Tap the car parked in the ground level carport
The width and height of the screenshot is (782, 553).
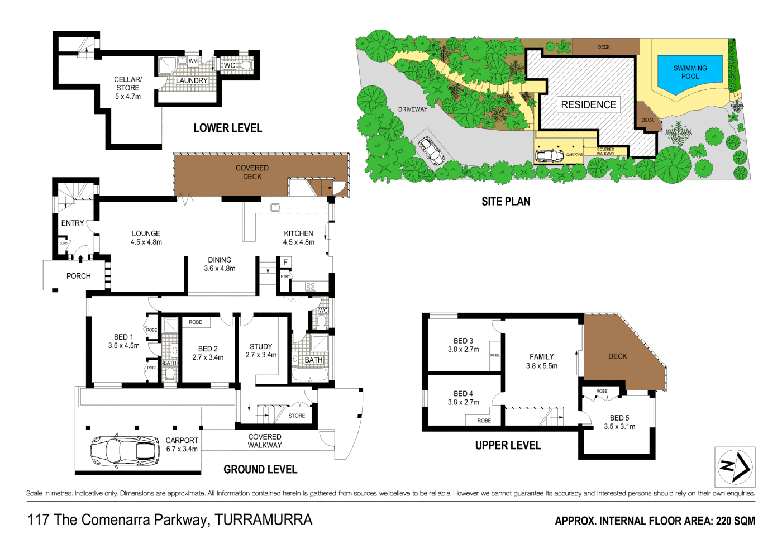[125, 450]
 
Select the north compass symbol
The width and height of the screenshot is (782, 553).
[735, 466]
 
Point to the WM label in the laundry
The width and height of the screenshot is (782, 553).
[193, 61]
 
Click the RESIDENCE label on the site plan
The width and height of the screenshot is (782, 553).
[588, 105]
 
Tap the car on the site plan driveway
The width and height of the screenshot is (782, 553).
[431, 150]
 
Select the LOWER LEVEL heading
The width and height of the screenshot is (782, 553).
[227, 128]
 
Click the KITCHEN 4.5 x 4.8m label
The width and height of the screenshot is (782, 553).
[298, 237]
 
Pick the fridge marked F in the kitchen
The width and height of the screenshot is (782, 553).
[285, 263]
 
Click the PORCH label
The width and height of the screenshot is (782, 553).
[78, 276]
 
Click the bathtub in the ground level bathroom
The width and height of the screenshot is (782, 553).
[311, 375]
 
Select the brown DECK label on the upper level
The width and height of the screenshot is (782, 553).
[617, 356]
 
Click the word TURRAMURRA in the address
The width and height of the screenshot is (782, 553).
[263, 520]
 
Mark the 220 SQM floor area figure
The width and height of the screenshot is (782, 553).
[735, 521]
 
